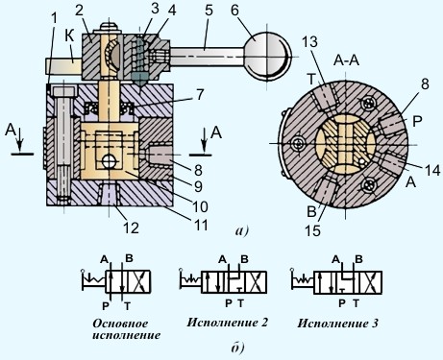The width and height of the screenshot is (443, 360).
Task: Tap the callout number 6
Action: click(x=234, y=11)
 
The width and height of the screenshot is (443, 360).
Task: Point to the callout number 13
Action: click(x=309, y=42)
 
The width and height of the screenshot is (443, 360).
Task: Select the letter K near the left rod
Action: click(x=69, y=36)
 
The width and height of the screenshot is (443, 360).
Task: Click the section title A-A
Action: click(x=346, y=60)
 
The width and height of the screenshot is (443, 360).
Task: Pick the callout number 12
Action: click(x=132, y=228)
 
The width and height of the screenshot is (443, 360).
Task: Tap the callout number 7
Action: click(x=200, y=94)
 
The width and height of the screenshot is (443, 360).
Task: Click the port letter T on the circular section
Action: click(x=311, y=79)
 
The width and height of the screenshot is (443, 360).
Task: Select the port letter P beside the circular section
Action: click(x=417, y=121)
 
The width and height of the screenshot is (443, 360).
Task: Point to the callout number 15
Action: click(x=313, y=230)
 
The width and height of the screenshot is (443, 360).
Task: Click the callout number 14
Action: click(x=432, y=170)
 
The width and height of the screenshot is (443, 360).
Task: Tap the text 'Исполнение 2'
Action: click(x=227, y=323)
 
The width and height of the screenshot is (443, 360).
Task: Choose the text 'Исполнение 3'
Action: click(x=337, y=323)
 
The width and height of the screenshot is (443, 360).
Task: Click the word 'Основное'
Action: click(x=120, y=324)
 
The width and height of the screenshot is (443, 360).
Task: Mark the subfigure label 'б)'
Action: click(x=237, y=348)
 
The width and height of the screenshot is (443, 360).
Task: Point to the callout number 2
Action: click(x=79, y=11)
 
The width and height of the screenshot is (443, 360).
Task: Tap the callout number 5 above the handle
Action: click(x=209, y=11)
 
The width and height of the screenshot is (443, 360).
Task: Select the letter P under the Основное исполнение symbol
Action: click(x=106, y=306)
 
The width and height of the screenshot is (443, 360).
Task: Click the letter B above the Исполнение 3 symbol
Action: click(x=359, y=259)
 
